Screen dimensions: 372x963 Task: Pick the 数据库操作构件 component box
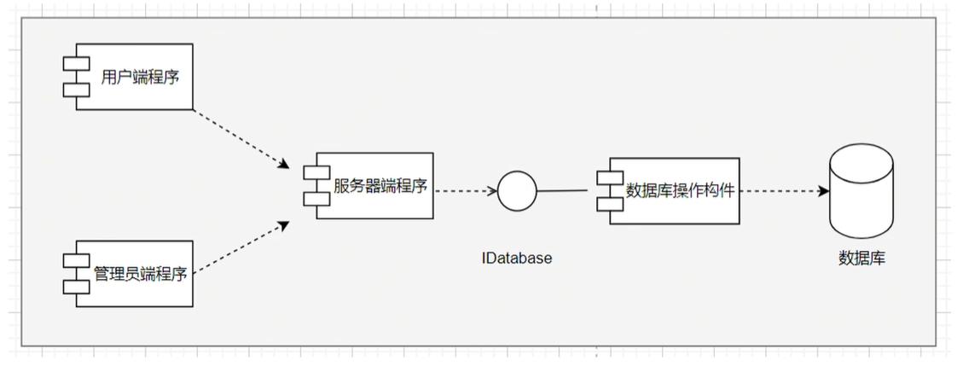[674, 190]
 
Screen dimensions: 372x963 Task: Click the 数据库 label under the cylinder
[861, 256]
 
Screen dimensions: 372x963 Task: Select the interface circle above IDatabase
[517, 190]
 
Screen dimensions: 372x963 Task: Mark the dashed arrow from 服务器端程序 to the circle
[465, 190]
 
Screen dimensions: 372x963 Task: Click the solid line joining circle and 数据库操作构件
[563, 190]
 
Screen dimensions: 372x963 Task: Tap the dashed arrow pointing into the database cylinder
[780, 191]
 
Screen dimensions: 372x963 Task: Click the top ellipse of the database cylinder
[861, 157]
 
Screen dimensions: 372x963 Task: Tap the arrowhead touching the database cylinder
[823, 191]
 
